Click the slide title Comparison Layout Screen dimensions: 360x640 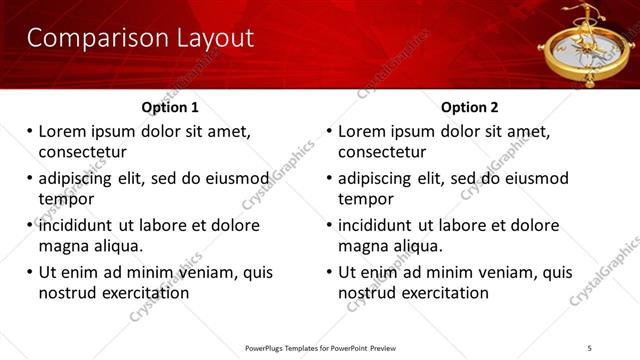(140, 39)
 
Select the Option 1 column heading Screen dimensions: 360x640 (170, 107)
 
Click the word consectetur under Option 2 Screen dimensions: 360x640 (382, 152)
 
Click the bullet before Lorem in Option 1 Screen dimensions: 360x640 (29, 131)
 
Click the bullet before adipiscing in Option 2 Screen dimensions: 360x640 (329, 178)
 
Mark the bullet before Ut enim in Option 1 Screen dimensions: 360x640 (29, 272)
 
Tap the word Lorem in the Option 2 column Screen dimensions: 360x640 (363, 131)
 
